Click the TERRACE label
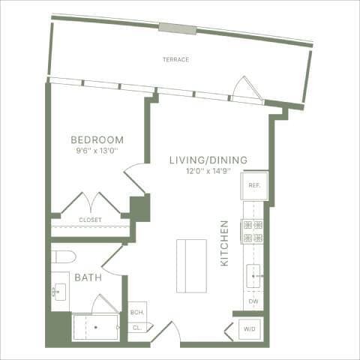point(177,59)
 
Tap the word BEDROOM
point(97,140)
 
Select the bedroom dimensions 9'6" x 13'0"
point(97,151)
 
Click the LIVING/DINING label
point(208,160)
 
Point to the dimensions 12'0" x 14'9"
point(208,171)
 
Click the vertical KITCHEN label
point(224,244)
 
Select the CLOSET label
point(90,220)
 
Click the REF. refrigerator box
point(253,185)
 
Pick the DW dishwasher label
point(253,301)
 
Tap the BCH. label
point(137,313)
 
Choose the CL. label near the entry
point(137,327)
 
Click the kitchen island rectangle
point(191,266)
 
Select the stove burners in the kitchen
point(253,232)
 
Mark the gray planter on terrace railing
point(177,28)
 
